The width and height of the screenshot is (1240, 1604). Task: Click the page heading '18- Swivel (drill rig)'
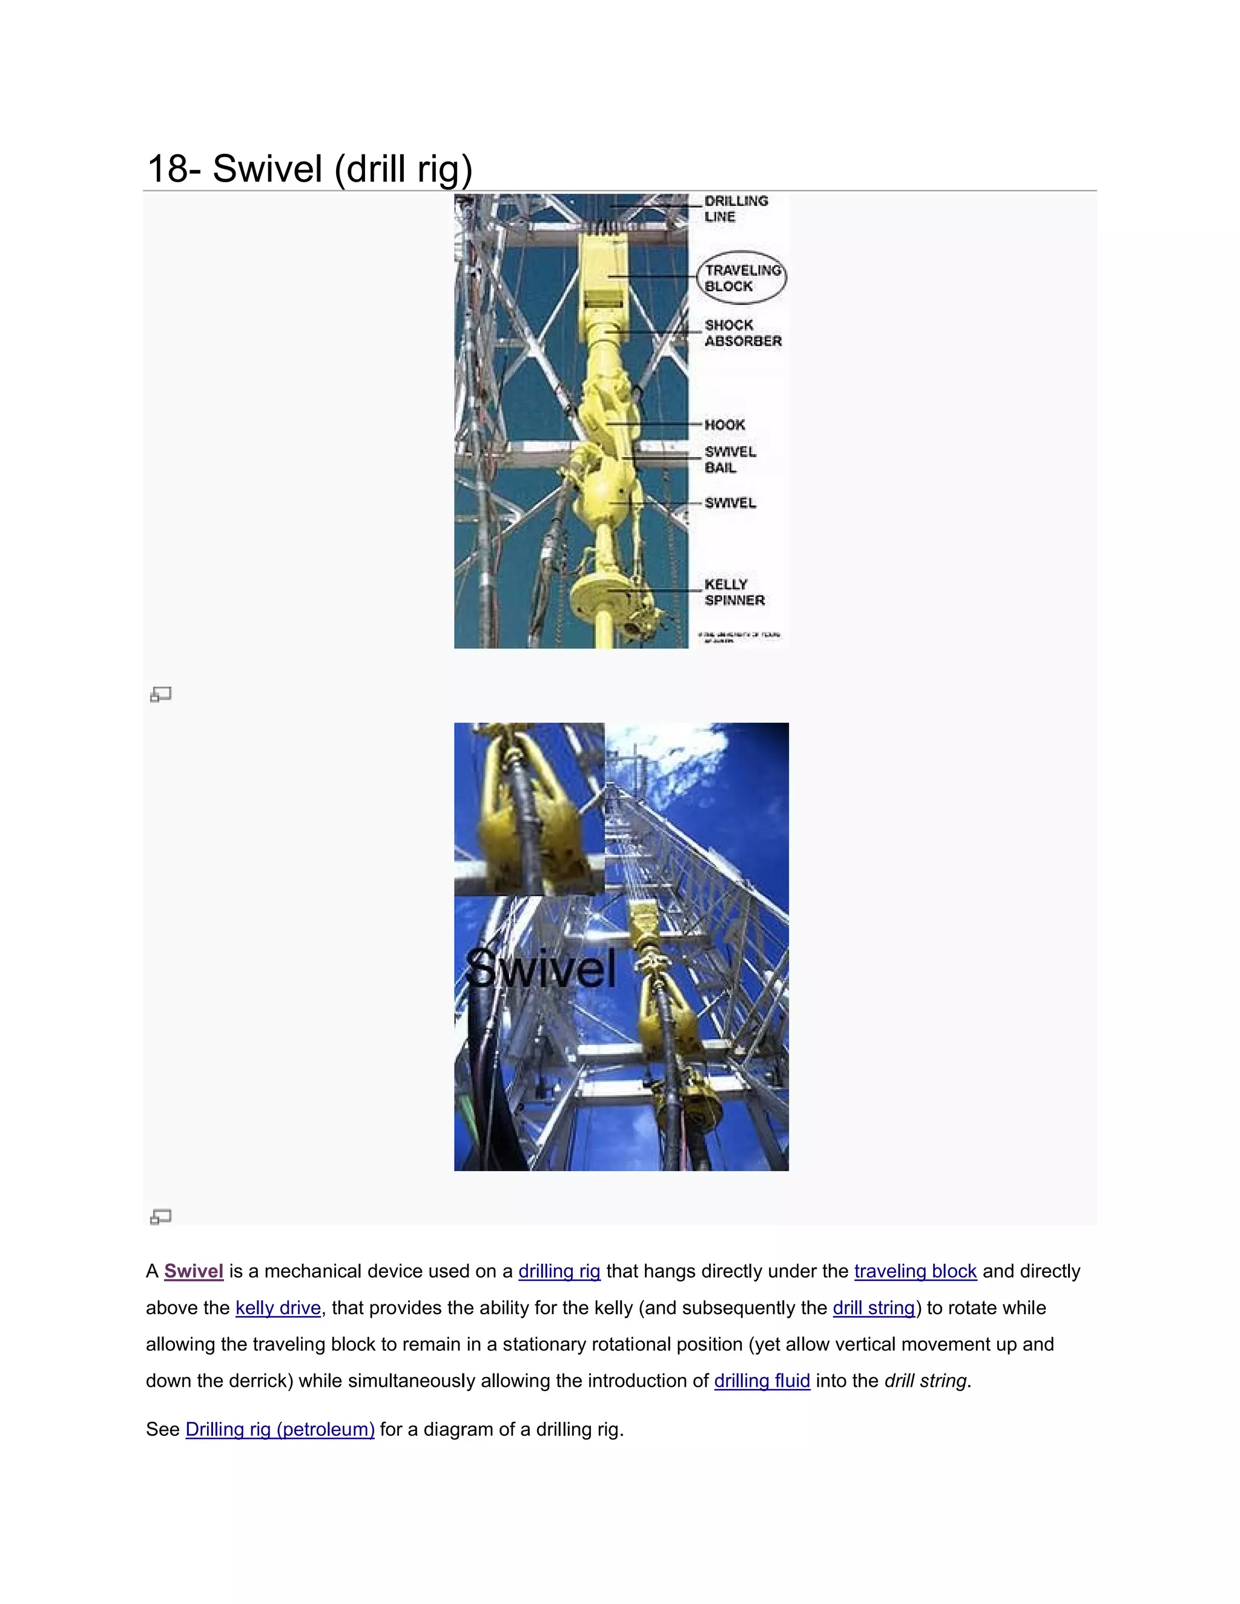(x=309, y=169)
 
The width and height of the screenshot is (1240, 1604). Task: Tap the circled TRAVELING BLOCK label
(x=742, y=278)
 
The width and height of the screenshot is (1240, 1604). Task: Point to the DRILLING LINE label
(x=735, y=209)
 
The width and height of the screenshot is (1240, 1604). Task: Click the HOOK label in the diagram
(x=724, y=424)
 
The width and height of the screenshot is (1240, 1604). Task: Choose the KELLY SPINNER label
(x=734, y=592)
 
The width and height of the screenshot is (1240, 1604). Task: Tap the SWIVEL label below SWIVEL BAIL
(x=730, y=503)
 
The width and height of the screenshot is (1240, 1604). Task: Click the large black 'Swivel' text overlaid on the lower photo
(x=541, y=968)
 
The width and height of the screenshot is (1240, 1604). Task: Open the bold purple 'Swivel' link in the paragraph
(x=193, y=1271)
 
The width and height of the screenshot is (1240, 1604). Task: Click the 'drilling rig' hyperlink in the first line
(x=559, y=1271)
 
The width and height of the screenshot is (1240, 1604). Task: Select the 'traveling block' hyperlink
(x=915, y=1271)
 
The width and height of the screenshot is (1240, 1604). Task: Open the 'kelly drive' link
(x=278, y=1308)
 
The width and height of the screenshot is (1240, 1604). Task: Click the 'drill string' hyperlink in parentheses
(x=874, y=1308)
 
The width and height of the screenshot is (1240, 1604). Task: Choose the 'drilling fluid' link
(x=762, y=1381)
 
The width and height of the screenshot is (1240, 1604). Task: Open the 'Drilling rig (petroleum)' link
(x=280, y=1429)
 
